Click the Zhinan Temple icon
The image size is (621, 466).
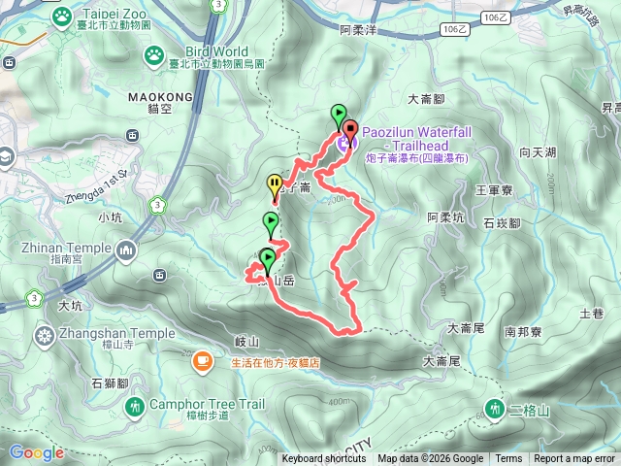[x=125, y=252]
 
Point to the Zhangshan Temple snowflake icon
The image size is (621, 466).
[x=44, y=337]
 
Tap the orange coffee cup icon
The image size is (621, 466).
[x=202, y=362]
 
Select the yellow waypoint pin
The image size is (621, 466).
[x=275, y=183]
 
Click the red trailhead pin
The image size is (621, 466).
[x=349, y=128]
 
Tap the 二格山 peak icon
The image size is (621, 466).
[x=496, y=410]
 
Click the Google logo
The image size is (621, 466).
[x=36, y=452]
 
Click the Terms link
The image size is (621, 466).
[x=508, y=459]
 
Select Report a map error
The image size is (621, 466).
[x=574, y=459]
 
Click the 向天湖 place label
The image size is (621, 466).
[x=537, y=152]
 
